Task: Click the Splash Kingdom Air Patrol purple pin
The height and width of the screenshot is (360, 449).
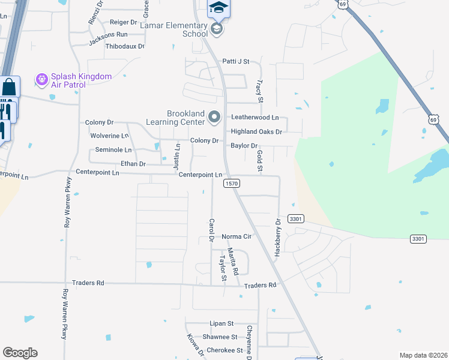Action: coord(41,79)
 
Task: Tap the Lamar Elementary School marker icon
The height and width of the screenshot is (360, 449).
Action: coord(217,28)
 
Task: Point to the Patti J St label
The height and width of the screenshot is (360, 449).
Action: coord(235,61)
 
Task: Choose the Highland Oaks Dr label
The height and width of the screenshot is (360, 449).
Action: coord(256,131)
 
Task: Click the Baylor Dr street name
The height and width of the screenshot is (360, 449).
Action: coord(244,146)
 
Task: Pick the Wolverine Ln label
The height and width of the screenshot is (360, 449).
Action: coord(109,136)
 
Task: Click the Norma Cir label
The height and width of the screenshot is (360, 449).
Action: coord(236,236)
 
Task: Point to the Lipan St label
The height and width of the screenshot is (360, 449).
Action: coord(221,323)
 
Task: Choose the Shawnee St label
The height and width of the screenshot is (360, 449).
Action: coord(220,337)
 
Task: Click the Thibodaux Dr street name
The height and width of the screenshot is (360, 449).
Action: coord(125,46)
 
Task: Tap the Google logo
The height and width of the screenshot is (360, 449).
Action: coord(20,352)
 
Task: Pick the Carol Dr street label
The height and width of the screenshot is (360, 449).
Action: coord(211,230)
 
